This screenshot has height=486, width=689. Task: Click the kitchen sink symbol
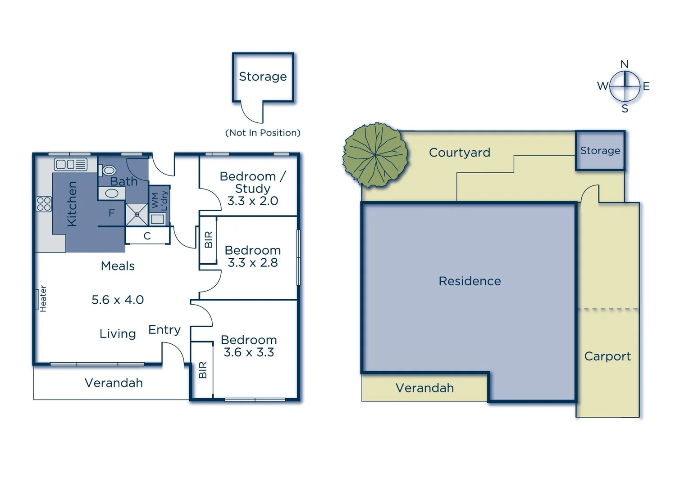(71, 164)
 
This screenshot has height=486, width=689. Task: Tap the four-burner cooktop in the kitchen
(44, 204)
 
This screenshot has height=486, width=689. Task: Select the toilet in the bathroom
(109, 171)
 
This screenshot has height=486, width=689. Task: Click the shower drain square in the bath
(137, 214)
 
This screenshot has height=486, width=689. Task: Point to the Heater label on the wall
(43, 299)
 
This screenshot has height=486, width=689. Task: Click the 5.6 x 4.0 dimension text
(118, 300)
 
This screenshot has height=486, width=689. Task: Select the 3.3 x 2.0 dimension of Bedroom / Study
(252, 201)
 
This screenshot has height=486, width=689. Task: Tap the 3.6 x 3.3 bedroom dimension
(249, 352)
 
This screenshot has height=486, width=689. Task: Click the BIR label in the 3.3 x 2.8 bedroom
(208, 240)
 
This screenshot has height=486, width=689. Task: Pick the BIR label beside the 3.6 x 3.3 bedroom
(202, 370)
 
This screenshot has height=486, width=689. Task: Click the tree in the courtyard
(375, 155)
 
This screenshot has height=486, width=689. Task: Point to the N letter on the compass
(624, 64)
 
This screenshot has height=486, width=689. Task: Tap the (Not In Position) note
(263, 133)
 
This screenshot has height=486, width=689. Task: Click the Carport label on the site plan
(607, 356)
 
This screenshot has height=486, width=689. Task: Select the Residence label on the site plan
(470, 281)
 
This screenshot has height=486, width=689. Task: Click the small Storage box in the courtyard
(600, 151)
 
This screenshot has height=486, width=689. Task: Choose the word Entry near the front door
(164, 330)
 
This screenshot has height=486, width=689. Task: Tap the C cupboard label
(147, 236)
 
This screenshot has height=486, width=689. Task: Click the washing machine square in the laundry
(157, 219)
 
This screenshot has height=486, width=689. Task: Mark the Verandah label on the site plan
(424, 388)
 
